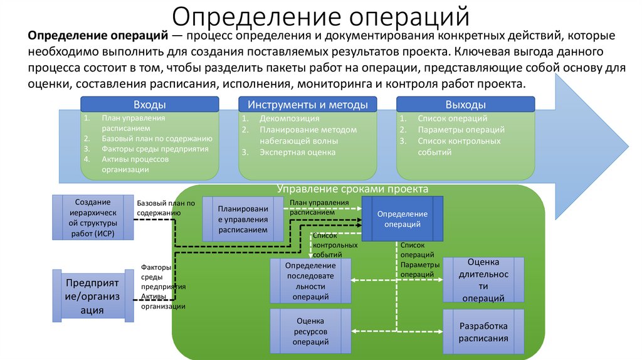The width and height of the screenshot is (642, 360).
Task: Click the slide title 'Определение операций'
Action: coord(320,17)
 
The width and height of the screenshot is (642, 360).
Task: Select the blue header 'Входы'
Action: coord(150,105)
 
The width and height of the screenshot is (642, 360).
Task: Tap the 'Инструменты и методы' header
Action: coord(308,105)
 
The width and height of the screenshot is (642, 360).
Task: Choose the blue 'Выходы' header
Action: coord(465,105)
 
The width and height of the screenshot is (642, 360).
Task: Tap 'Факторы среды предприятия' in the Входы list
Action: coord(155,149)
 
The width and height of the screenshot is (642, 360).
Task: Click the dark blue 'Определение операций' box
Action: coord(403,219)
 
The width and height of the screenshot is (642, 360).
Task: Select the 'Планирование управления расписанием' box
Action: coord(243,220)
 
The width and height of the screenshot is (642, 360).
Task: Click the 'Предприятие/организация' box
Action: coord(92,297)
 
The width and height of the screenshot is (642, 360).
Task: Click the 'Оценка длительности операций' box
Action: coord(483,280)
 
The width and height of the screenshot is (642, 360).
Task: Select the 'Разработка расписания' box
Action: coord(483,332)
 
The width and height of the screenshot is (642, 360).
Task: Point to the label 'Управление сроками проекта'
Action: coord(353,189)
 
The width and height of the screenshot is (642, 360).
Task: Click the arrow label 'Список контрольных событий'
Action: coord(335,245)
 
